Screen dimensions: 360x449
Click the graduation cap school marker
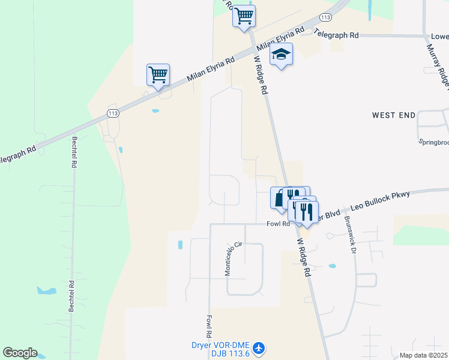(x=281, y=55)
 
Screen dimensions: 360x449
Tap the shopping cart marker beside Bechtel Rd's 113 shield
(x=158, y=76)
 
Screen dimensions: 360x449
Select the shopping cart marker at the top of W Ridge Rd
(x=244, y=16)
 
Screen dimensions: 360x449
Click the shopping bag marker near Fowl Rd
(x=279, y=198)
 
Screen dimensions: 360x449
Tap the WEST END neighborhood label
(x=393, y=115)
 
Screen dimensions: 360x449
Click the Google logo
(x=20, y=353)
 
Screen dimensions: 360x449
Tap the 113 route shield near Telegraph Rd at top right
(x=326, y=17)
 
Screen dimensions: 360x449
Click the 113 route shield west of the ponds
(x=112, y=112)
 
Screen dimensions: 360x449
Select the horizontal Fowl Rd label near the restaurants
(x=279, y=224)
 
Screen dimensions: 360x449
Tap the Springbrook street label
(x=433, y=142)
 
